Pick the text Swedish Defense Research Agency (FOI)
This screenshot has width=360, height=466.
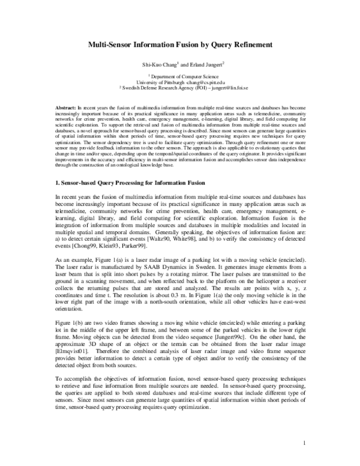click(x=170, y=87)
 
